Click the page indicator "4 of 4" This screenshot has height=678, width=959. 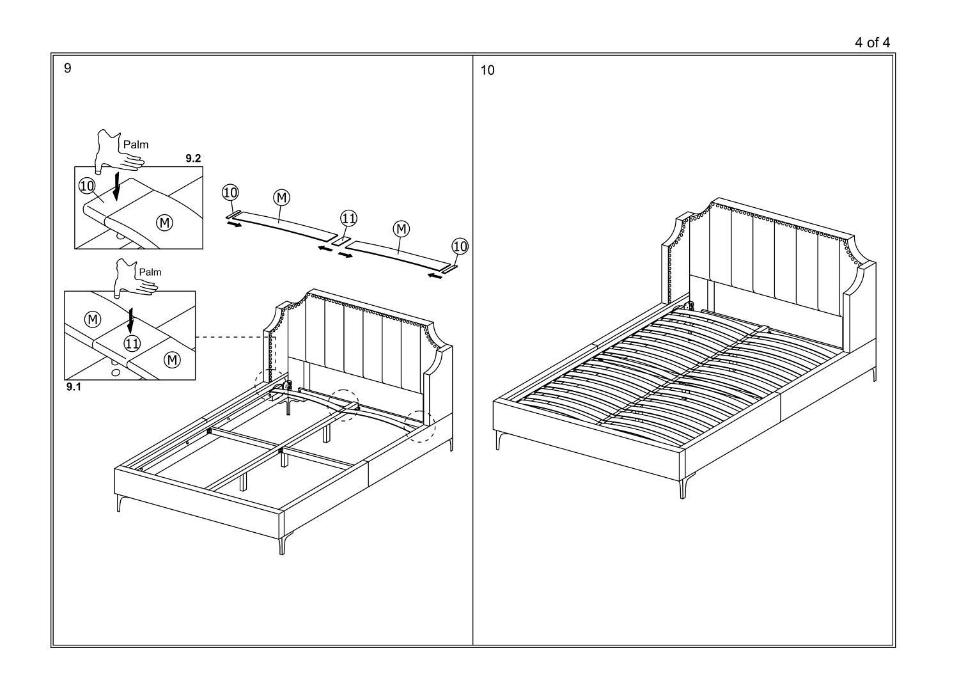coord(872,43)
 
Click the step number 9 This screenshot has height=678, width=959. coord(67,69)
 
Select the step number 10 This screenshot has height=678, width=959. coord(487,70)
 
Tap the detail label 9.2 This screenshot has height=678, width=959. coord(193,159)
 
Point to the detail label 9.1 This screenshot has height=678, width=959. coord(74,387)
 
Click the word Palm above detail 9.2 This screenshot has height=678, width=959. coord(136,145)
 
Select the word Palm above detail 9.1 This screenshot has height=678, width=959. coord(150,272)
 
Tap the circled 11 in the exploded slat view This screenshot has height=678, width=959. coord(348,219)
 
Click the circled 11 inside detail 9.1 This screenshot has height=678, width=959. coord(132,343)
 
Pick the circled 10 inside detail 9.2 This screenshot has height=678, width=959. coord(87,186)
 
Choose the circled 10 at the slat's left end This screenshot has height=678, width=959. coord(230,193)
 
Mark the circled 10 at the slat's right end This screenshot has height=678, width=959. coord(460,246)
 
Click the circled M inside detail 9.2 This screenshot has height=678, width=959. coord(164,223)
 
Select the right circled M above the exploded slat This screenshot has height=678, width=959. coord(401,229)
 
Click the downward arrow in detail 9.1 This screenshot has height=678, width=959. coord(130,319)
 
